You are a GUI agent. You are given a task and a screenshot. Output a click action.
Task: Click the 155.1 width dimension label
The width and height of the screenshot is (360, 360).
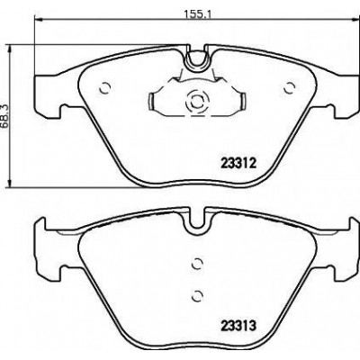(197, 13)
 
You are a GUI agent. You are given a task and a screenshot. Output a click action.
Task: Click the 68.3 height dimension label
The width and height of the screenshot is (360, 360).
(5, 117)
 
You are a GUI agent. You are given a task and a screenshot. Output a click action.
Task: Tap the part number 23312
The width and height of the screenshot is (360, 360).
(238, 164)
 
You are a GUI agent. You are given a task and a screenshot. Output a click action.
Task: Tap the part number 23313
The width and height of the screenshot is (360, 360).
(238, 325)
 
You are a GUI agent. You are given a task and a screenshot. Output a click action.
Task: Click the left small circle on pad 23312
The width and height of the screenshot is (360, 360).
(105, 88)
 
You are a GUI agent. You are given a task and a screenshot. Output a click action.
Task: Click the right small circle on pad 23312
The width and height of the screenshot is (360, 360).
(290, 88)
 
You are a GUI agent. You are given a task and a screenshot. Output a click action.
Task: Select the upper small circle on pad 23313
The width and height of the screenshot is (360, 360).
(197, 264)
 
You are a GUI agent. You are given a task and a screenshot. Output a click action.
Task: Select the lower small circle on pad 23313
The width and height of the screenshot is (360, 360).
(197, 295)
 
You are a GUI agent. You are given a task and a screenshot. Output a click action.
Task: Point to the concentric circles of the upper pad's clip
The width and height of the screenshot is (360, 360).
(197, 103)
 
